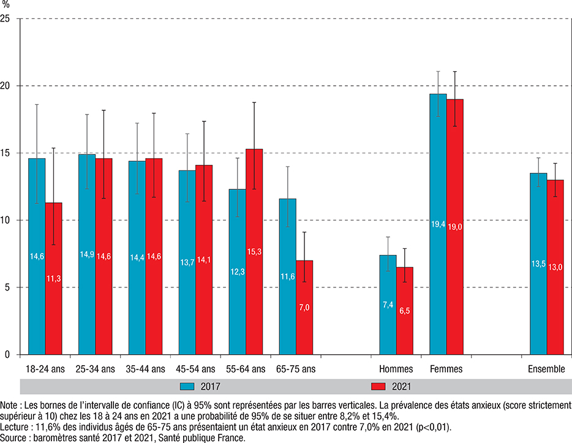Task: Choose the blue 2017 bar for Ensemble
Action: pos(538,263)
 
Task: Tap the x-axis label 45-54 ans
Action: pos(195,369)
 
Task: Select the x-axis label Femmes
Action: pos(446,369)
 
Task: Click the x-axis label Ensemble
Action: pos(546,369)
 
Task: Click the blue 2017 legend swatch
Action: pos(187,387)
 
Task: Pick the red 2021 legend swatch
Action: pos(380,387)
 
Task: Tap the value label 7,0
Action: pos(304,309)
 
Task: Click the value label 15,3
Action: pos(254,235)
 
